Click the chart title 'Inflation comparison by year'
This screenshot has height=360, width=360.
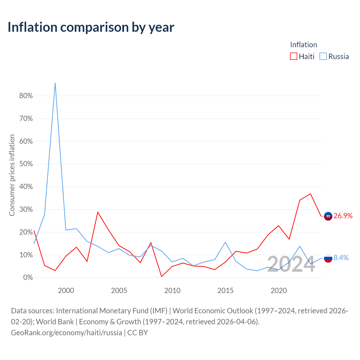point(91,27)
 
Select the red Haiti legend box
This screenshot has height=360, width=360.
point(294,56)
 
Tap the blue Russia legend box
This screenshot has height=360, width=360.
point(323,56)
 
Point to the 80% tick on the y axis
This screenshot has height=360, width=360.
point(26,96)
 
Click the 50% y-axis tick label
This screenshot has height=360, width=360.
point(26,164)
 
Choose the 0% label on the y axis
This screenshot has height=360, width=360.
point(28,277)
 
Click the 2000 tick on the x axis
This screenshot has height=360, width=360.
point(66,291)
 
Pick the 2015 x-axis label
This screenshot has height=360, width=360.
point(226,291)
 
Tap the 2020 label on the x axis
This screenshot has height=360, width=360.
point(279,291)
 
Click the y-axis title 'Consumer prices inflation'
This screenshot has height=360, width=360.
point(12,175)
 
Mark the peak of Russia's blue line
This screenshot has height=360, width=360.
point(55,83)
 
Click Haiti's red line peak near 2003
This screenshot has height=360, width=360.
point(98,212)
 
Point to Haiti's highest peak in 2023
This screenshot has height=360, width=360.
point(310,194)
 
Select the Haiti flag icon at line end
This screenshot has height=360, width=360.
point(328,216)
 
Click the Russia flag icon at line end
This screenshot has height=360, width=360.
point(328,258)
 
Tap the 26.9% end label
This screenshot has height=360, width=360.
point(343,216)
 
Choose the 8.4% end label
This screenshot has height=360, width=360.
point(341,258)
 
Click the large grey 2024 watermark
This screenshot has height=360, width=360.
point(291,264)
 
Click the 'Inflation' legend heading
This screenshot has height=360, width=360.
point(303,45)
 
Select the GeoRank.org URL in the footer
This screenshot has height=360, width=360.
point(66,333)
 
